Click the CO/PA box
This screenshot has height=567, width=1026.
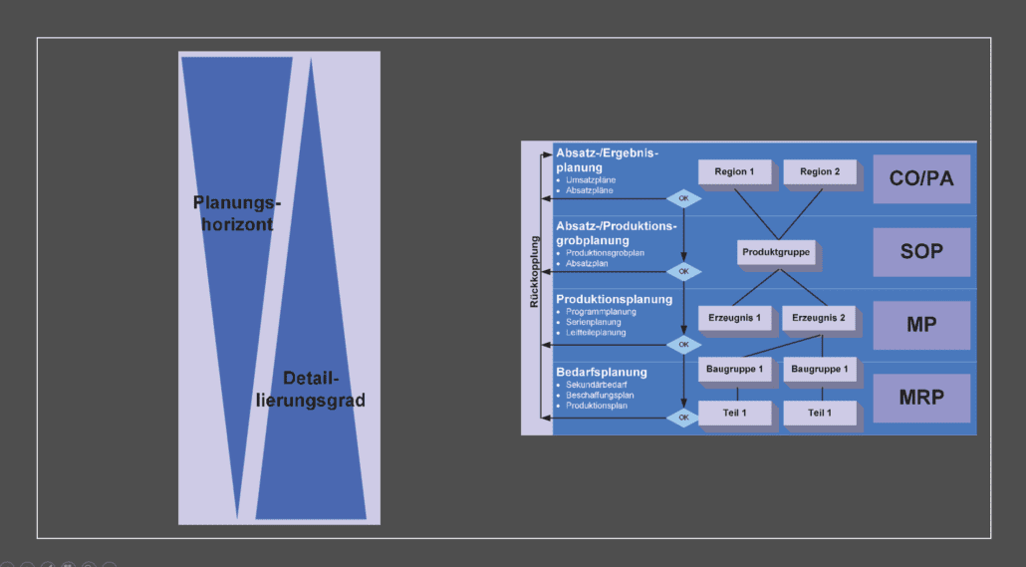pos(920,178)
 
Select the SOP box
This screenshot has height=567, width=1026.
pos(920,251)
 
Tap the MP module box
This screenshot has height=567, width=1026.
pos(920,325)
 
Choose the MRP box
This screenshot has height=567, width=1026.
pos(920,398)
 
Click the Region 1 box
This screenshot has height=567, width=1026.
pos(734,172)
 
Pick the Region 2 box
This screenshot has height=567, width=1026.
pos(820,172)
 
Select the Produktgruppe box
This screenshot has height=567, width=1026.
pos(776,253)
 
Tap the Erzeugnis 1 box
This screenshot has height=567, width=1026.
pos(734,318)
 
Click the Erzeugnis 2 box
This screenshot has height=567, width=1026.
pos(819,318)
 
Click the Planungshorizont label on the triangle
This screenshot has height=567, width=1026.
pos(237,213)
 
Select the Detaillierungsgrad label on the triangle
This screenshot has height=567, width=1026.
pos(311,390)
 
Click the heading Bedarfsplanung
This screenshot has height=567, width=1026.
pos(602,372)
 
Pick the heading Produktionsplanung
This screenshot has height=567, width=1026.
pos(614,299)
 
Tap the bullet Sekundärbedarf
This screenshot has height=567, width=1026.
pos(596,384)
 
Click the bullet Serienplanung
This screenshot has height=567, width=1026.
pos(594,322)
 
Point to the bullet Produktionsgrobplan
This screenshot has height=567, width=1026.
pos(605,253)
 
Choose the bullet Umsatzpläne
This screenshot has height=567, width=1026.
pos(590,179)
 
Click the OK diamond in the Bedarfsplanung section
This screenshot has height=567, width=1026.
pos(683,418)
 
